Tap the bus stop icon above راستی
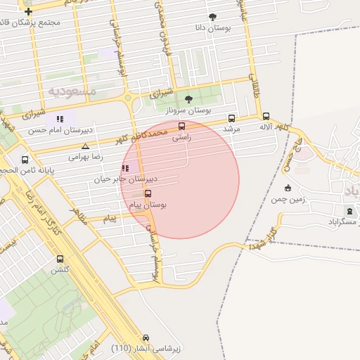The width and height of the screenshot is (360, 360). [x=182, y=127]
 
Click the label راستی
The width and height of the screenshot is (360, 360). [x=181, y=139]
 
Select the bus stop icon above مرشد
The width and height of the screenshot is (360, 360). [x=232, y=118]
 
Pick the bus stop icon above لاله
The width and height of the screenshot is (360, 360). [x=266, y=116]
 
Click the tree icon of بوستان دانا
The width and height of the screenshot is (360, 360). [x=213, y=17]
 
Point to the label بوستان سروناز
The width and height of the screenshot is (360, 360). [x=188, y=110]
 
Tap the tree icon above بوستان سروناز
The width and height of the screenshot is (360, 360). [x=188, y=99]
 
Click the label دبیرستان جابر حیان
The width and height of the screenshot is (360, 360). [x=127, y=179]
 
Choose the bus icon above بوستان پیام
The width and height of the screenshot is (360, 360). [x=148, y=193]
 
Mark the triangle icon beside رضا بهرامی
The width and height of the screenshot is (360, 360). [x=85, y=147]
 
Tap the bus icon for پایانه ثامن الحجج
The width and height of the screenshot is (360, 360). [x=25, y=160]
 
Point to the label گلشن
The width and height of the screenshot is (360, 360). [x=59, y=270]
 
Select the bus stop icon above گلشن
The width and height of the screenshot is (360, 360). [x=60, y=259]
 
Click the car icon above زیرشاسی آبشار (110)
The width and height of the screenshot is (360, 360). [x=146, y=337]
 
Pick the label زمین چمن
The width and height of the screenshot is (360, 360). [x=288, y=199]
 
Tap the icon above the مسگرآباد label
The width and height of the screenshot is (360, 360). [x=349, y=210]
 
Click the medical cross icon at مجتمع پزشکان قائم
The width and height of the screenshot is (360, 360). [x=28, y=12]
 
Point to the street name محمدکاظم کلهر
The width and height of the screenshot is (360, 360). [x=144, y=134]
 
